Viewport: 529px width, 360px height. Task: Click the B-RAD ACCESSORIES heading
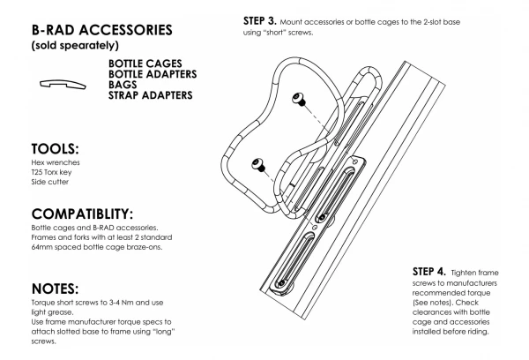point(102,30)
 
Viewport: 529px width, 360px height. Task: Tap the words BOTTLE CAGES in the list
point(145,64)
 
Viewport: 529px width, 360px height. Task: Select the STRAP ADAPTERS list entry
point(151,95)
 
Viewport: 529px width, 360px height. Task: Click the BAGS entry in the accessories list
point(123,85)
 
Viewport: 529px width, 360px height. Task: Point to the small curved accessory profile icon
point(63,84)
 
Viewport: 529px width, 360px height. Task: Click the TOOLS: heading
point(55,149)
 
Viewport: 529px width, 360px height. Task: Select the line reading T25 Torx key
point(51,172)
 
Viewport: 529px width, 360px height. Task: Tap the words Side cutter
point(50,182)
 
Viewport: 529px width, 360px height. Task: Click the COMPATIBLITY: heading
point(82,214)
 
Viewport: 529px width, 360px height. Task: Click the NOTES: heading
point(55,289)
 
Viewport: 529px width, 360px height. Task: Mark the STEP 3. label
point(260,21)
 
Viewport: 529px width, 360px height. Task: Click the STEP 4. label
point(428,272)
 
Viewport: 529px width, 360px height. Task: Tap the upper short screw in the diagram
point(299,100)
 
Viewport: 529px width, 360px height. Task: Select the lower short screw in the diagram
point(258,165)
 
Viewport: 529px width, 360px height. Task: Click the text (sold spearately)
point(75,45)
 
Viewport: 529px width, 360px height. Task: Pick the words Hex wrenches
point(56,162)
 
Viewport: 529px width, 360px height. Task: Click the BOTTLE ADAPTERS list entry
point(153,74)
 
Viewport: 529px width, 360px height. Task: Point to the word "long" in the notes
point(164,332)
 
